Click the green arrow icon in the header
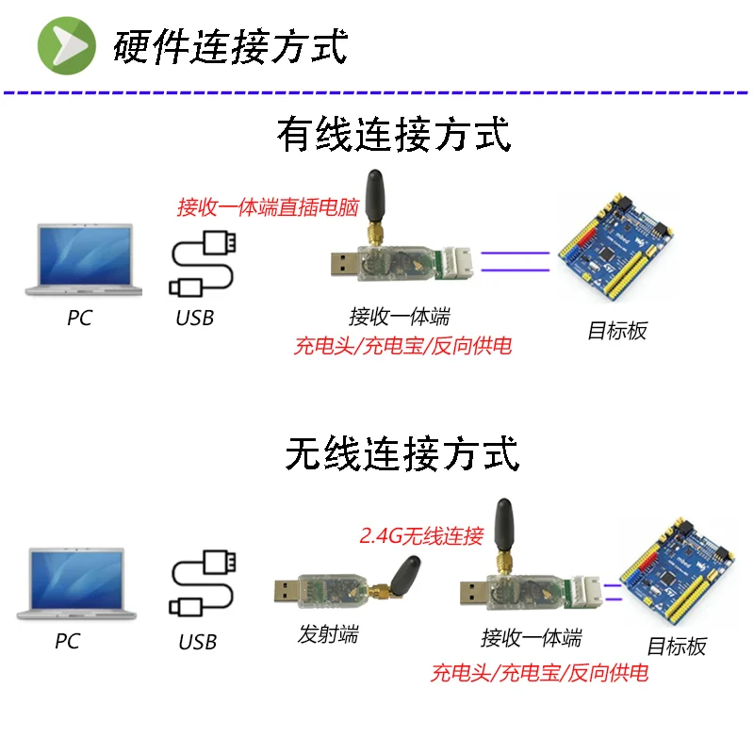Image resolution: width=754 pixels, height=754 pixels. click(66, 44)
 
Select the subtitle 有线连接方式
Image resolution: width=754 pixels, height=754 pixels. click(394, 135)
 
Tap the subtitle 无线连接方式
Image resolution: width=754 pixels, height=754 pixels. click(402, 454)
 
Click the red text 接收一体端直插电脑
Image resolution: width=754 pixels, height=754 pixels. click(268, 207)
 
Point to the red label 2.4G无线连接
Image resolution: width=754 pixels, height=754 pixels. click(421, 536)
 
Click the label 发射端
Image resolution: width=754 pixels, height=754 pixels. click(328, 634)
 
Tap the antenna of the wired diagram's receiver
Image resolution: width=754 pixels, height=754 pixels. click(374, 198)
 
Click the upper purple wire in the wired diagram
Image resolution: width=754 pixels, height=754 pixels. click(515, 253)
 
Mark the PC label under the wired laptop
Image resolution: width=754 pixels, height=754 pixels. click(80, 319)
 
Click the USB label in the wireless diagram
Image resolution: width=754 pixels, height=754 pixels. click(198, 643)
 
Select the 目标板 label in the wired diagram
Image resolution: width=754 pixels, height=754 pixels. click(617, 331)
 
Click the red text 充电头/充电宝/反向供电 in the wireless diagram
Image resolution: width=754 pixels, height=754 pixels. click(539, 673)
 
